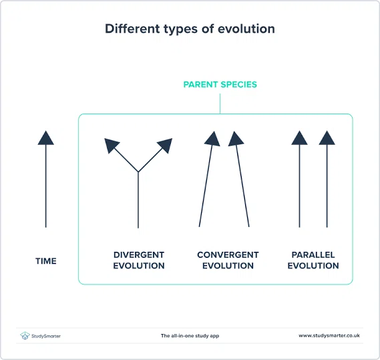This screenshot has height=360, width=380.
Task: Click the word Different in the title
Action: click(x=132, y=29)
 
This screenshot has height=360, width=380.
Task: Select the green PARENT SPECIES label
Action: click(x=220, y=84)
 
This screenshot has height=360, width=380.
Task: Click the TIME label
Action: click(x=46, y=261)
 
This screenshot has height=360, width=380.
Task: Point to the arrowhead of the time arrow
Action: click(x=46, y=138)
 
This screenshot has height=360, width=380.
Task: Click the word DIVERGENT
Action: click(x=139, y=254)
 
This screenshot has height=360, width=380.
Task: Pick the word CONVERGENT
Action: click(x=228, y=254)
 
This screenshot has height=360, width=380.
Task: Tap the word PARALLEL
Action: click(x=313, y=254)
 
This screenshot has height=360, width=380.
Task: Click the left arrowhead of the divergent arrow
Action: click(x=112, y=145)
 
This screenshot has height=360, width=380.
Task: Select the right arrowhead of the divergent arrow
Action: click(x=165, y=145)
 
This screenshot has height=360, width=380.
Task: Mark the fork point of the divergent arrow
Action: click(x=138, y=172)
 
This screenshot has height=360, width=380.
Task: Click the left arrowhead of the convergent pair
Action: click(x=212, y=139)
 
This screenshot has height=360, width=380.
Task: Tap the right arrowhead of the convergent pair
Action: click(x=236, y=139)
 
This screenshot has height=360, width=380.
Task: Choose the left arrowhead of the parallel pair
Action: click(x=300, y=138)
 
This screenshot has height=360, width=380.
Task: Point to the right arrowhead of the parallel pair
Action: click(x=327, y=138)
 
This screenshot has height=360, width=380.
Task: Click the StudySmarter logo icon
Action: click(x=25, y=336)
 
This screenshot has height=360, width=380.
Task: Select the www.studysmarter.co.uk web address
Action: click(x=329, y=336)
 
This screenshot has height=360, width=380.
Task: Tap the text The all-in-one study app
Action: click(x=190, y=336)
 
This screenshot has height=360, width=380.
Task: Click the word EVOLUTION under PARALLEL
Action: click(x=313, y=266)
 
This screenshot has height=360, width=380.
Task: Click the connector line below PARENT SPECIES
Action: click(x=220, y=104)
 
